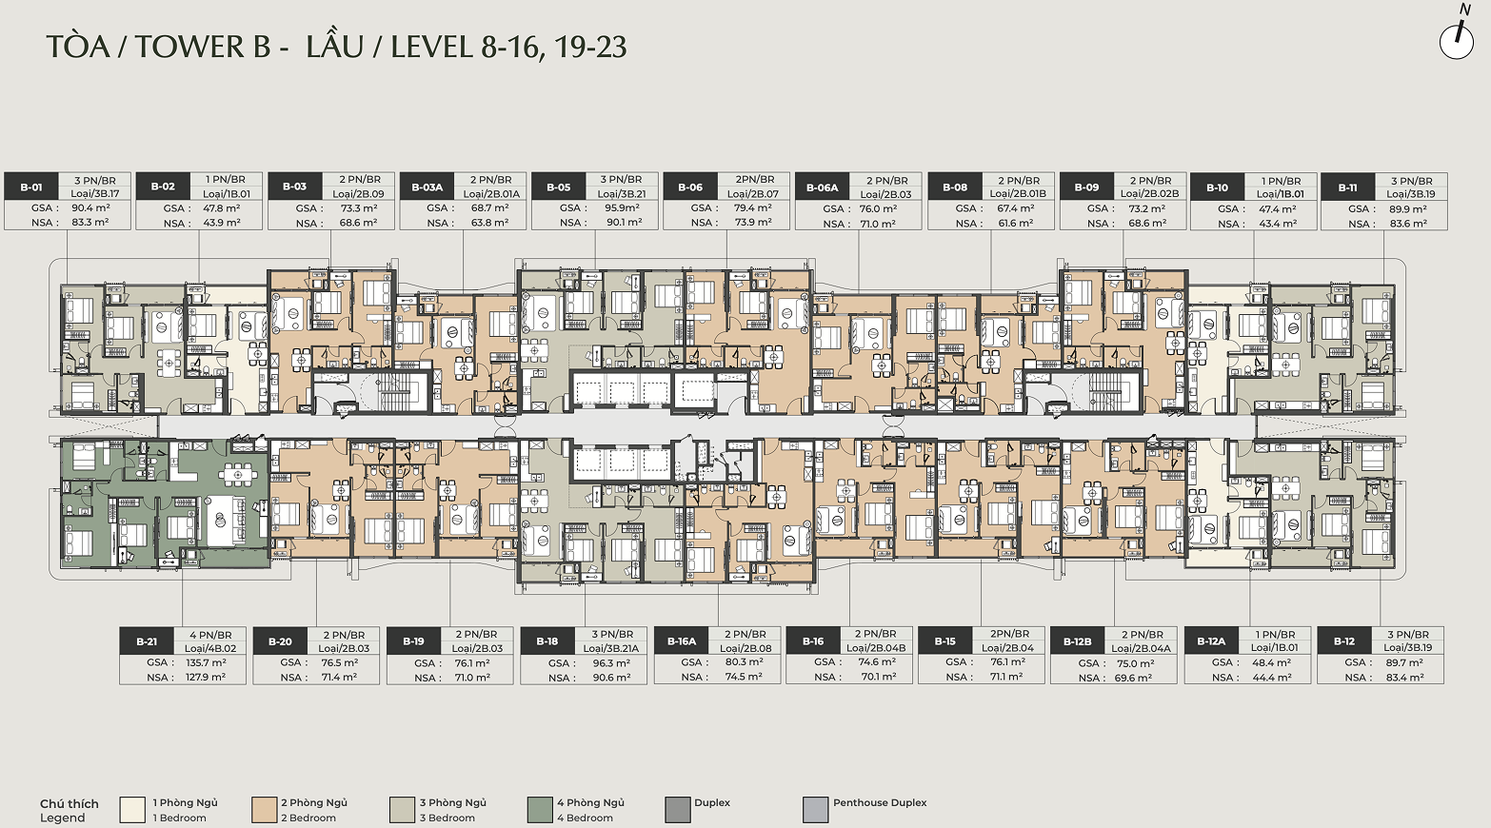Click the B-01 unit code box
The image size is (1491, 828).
point(31,187)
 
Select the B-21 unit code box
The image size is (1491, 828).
point(147,641)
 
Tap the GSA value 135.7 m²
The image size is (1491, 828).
point(206,663)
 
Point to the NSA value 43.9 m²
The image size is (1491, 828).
point(222,223)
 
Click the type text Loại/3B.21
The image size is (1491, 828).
point(621,194)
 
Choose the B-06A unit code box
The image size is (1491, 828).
point(822,187)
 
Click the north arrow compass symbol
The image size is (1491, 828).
point(1457,39)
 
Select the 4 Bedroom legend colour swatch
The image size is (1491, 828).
point(540,809)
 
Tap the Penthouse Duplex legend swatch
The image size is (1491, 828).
point(815,809)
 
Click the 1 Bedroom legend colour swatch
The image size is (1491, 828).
point(132,809)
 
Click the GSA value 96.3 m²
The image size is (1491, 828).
point(611,663)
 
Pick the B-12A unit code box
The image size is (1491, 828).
point(1211,641)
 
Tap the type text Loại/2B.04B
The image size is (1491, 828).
point(876,647)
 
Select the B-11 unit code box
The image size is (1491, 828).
point(1348,187)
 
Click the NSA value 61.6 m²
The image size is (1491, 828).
point(1016,223)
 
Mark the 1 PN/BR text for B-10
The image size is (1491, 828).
point(1282,181)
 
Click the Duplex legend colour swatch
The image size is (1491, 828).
point(678,809)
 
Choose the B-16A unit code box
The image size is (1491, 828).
point(682,641)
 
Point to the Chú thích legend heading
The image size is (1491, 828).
point(70,803)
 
